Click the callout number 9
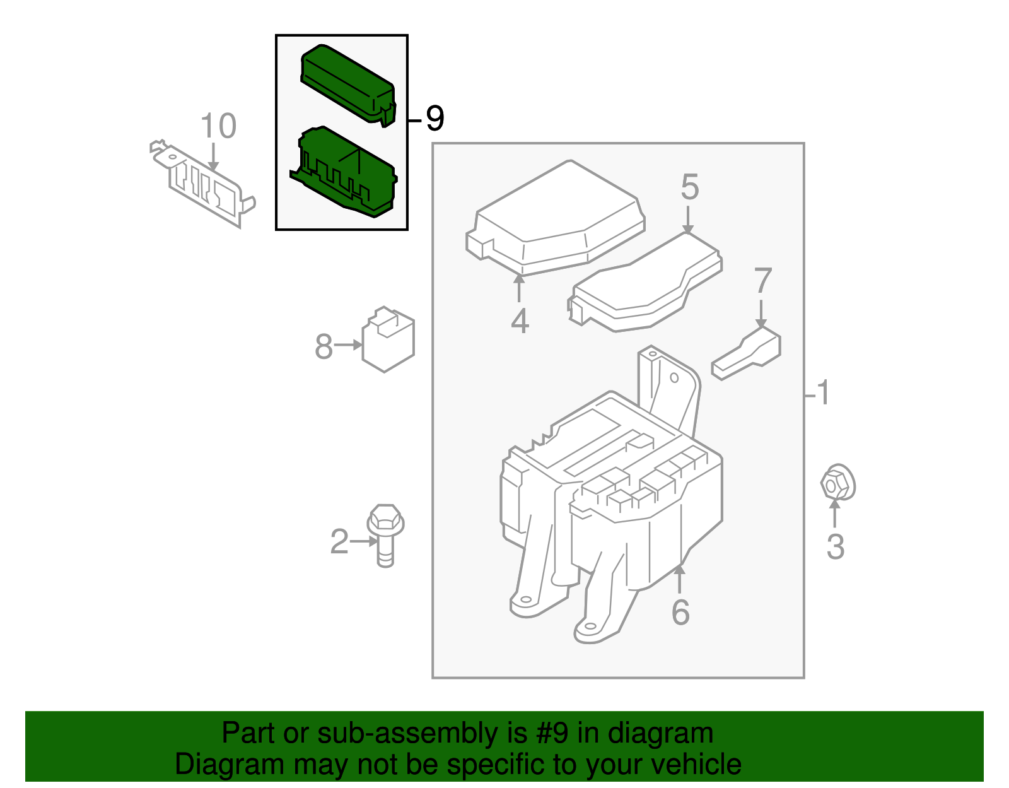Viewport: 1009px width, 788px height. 435,119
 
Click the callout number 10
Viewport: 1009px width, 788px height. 218,126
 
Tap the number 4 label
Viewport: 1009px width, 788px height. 519,321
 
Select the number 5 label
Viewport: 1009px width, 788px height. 689,187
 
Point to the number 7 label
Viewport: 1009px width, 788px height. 763,281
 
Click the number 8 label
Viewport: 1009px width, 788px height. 324,346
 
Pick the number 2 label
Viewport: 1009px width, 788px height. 339,541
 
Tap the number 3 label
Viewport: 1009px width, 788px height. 835,546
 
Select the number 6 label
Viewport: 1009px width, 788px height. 680,612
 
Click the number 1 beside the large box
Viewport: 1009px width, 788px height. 823,392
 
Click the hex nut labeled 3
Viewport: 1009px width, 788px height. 837,484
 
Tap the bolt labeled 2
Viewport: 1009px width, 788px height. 385,533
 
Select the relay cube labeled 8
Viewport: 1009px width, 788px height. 388,341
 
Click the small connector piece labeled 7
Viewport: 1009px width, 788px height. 747,355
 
